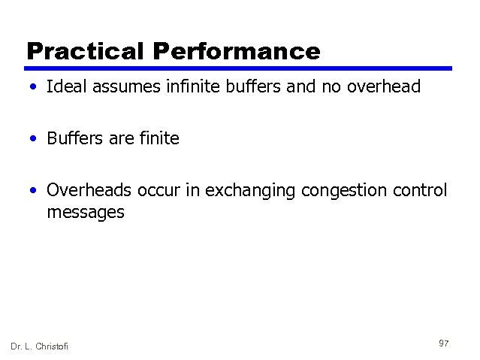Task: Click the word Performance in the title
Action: tap(237, 51)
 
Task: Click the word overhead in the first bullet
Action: tap(384, 87)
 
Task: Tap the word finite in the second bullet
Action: tap(158, 138)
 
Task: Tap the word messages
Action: tap(85, 213)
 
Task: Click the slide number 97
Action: tap(443, 343)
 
